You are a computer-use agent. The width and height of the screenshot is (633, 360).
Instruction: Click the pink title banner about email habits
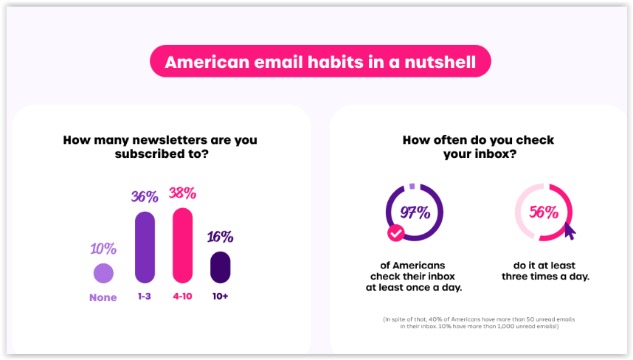(x=320, y=61)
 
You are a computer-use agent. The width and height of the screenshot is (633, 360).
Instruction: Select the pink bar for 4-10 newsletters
(x=182, y=246)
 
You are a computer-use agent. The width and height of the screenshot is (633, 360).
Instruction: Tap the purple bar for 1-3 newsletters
(x=145, y=247)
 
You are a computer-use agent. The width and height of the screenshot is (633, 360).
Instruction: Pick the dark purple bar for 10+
(x=221, y=267)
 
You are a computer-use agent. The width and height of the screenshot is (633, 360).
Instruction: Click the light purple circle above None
(x=103, y=273)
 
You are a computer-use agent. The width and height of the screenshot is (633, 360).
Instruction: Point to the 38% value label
(x=182, y=193)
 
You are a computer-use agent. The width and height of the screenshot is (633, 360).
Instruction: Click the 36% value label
(x=145, y=196)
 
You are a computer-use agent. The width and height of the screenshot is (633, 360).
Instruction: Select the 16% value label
(x=221, y=237)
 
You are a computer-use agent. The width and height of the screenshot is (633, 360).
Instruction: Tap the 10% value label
(x=103, y=249)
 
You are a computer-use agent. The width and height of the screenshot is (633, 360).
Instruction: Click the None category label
(x=103, y=297)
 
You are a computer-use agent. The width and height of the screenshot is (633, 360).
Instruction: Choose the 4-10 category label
(x=182, y=297)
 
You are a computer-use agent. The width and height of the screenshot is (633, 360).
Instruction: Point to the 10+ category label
(x=221, y=297)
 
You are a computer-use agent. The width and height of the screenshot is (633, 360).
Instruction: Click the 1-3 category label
(x=145, y=297)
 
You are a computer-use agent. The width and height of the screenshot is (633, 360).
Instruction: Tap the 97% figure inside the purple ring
(x=415, y=212)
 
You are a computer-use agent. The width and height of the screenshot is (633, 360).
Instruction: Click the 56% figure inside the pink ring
(x=544, y=212)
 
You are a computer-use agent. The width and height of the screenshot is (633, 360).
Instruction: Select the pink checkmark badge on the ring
(x=395, y=233)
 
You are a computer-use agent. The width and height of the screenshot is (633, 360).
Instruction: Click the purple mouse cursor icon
(x=570, y=231)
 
